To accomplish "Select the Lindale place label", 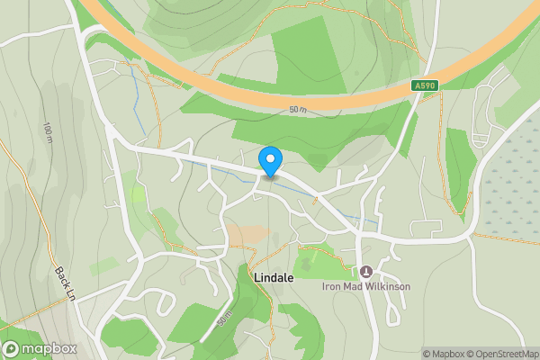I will click(x=274, y=278).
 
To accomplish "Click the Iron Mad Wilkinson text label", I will click(x=366, y=286).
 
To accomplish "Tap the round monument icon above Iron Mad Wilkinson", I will click(x=366, y=271).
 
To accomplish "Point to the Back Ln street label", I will click(x=64, y=284).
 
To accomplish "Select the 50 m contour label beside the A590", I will click(x=298, y=110).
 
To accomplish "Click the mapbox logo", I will click(x=39, y=348).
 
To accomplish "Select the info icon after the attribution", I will click(x=535, y=354).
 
